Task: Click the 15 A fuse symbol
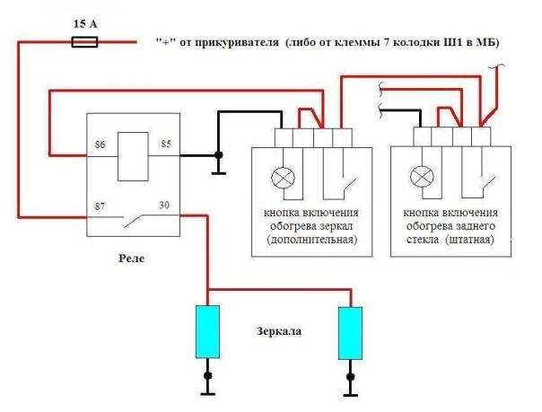point(84,42)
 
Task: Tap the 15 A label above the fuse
point(85,24)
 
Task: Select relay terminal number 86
point(100,145)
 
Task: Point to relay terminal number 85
point(166,144)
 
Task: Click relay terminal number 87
point(100,206)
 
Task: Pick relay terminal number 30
point(164,205)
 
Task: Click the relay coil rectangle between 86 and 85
point(133,156)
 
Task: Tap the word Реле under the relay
point(131,259)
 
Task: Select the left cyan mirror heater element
point(207,332)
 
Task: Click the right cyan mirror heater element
point(350,333)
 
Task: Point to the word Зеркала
point(279,331)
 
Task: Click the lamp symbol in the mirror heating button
point(283,178)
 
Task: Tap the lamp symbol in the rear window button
point(422,176)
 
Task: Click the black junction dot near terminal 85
point(218,155)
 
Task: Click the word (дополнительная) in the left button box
point(312,240)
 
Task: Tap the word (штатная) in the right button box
point(469,240)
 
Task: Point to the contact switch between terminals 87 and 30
point(134,221)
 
